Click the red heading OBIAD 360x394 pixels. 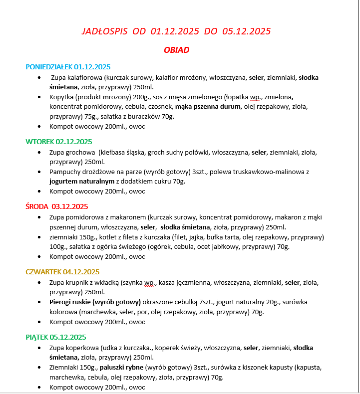[176, 50]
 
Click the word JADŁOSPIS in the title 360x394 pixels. [104, 31]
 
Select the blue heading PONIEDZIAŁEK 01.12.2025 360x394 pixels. [68, 67]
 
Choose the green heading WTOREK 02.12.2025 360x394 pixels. [59, 142]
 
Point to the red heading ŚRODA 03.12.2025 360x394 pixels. [57, 206]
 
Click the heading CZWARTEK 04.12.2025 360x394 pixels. [62, 272]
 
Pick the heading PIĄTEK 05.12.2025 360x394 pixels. [56, 337]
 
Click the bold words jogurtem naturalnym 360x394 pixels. [82, 182]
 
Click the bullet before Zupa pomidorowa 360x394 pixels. [40, 217]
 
